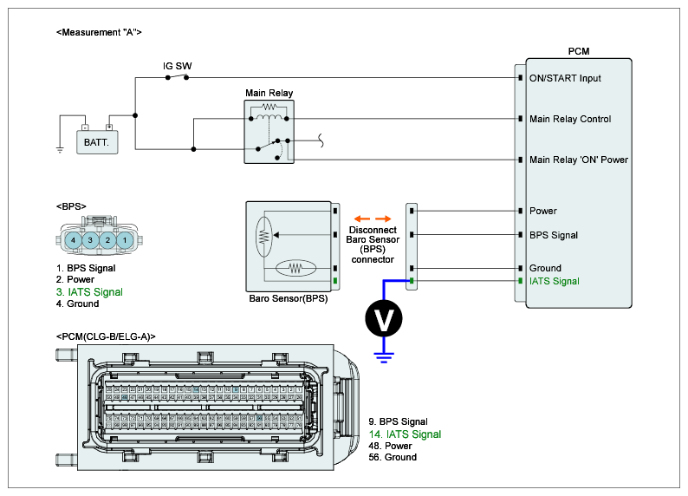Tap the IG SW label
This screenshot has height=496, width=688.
[178, 66]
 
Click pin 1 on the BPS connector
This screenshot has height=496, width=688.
[125, 239]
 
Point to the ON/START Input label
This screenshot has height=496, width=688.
[565, 79]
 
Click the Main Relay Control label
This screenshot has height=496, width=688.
[570, 119]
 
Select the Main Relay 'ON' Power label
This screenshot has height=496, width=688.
[579, 160]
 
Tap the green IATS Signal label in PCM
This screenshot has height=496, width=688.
[555, 281]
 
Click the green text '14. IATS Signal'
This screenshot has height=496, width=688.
[405, 434]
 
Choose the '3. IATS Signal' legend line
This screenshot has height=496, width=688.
[89, 292]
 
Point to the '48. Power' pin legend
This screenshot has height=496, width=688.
[390, 446]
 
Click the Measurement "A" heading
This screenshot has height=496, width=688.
[98, 32]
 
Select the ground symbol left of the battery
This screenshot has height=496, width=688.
[60, 148]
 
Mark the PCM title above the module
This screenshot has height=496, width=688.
[578, 52]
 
